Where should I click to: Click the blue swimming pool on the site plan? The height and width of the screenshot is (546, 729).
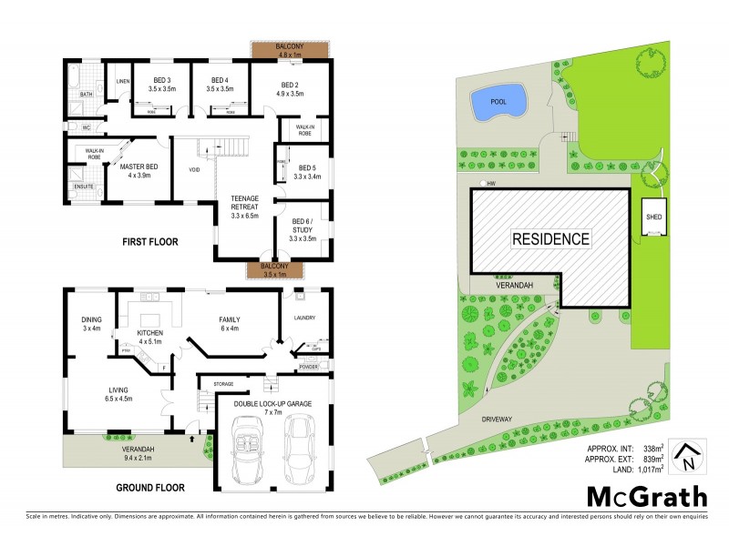pyautogui.click(x=498, y=103)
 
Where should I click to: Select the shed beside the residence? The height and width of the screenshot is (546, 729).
pyautogui.click(x=654, y=218)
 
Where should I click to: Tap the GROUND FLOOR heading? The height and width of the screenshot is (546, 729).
pyautogui.click(x=150, y=488)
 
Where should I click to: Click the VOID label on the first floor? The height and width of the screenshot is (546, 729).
pyautogui.click(x=194, y=170)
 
